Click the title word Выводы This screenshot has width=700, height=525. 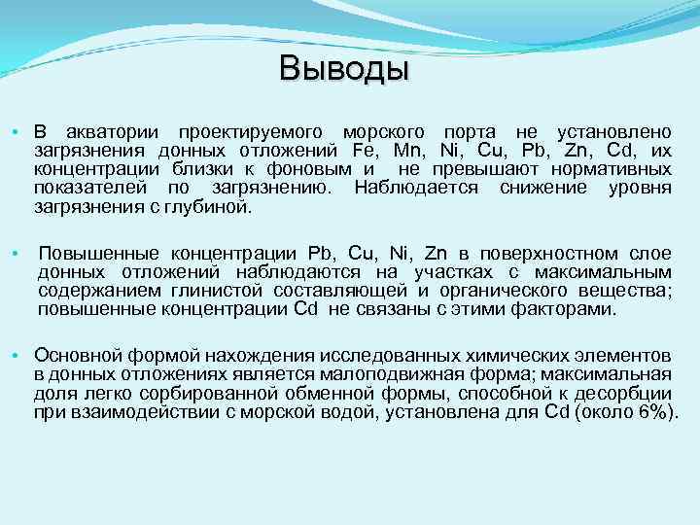[x=344, y=69]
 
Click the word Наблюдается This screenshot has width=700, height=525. [x=417, y=188]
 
